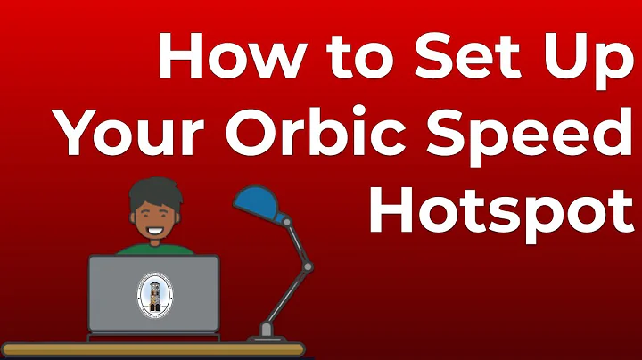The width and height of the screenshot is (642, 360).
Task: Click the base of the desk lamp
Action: point(267,333)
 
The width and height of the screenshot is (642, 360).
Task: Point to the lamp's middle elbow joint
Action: point(307,266)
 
